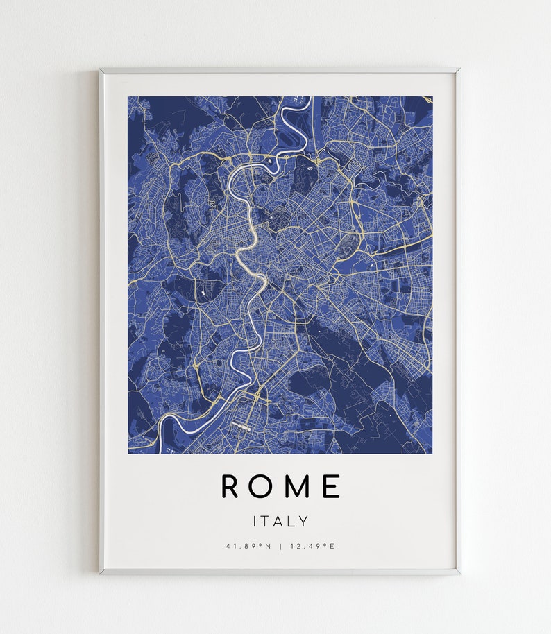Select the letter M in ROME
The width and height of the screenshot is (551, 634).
296,486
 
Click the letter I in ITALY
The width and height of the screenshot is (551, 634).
255,521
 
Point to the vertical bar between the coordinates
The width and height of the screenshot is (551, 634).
280,546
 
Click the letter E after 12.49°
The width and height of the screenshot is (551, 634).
332,546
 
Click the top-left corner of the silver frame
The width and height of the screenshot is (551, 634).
101,69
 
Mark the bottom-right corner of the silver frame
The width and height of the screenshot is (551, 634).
459,573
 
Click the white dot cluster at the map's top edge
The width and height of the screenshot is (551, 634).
297,101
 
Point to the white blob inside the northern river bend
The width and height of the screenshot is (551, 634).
269,162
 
